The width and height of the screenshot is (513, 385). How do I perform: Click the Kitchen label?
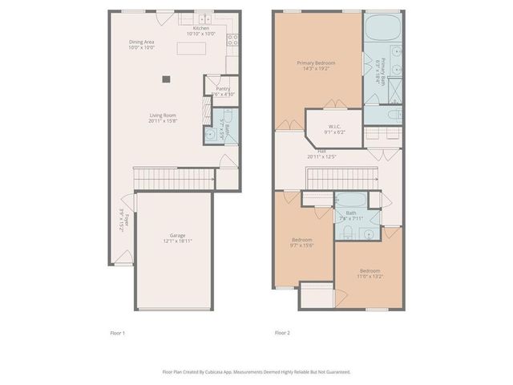(200, 28)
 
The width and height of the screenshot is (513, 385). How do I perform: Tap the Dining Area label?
(142, 42)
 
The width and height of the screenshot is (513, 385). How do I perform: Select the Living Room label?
(162, 115)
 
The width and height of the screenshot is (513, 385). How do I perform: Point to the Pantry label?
(212, 89)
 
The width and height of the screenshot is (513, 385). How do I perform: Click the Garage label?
(177, 235)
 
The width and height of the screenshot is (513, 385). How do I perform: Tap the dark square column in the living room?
(166, 79)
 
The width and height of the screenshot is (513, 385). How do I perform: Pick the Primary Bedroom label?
(315, 63)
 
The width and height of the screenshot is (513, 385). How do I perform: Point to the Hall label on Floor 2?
(321, 151)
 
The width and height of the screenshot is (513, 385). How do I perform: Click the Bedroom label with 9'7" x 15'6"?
(302, 241)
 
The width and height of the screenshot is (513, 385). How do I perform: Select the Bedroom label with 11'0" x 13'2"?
(370, 271)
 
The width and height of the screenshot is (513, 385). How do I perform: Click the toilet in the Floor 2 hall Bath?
(351, 233)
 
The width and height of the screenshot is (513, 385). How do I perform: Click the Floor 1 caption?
(118, 332)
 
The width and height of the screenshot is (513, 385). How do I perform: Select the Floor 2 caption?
(281, 332)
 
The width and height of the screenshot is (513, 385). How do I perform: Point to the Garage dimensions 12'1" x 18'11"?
(177, 241)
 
